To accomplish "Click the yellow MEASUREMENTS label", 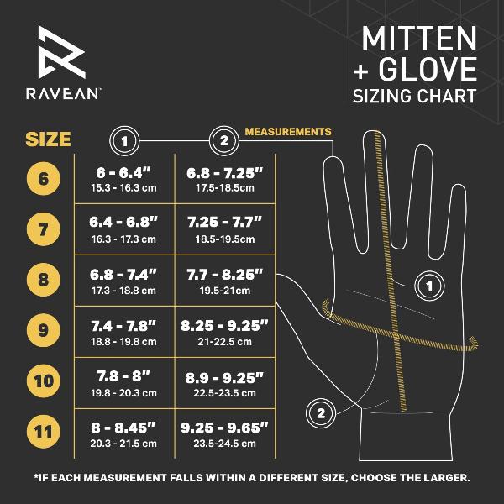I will tap(287, 132).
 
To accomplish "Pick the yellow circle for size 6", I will tap(43, 179).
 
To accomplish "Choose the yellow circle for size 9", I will tap(43, 329).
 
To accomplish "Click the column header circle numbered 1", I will tap(124, 139).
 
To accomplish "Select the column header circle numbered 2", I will tap(223, 139).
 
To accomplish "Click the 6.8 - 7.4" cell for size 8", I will tap(124, 280).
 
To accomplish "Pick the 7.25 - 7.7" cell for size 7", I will tap(223, 228).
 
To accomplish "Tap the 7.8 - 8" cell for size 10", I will tap(124, 381).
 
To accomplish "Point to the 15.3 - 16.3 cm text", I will tap(124, 189).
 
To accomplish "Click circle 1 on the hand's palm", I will tap(429, 286).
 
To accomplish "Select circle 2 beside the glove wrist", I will tap(320, 412).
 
